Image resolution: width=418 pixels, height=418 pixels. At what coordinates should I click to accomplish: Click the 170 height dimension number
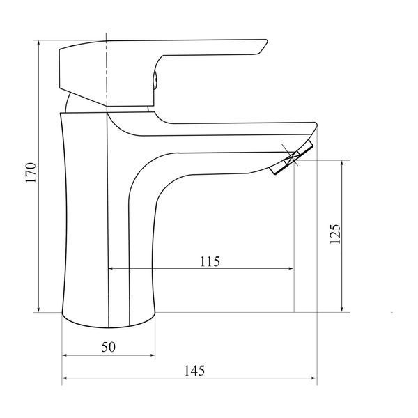tap(31, 173)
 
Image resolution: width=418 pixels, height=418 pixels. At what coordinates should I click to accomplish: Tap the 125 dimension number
tap(335, 234)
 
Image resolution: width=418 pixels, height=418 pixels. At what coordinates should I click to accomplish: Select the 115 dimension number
tap(210, 261)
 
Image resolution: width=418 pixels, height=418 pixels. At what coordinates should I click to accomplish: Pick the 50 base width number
tap(109, 347)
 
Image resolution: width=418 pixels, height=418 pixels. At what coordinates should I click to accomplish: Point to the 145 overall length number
tap(194, 371)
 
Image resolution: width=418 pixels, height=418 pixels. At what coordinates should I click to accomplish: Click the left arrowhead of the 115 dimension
tap(111, 268)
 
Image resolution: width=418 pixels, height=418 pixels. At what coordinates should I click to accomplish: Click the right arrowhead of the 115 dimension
tap(291, 268)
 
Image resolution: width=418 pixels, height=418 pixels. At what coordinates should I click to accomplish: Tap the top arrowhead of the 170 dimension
tap(39, 43)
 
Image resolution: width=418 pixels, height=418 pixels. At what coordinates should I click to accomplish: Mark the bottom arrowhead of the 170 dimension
tap(39, 309)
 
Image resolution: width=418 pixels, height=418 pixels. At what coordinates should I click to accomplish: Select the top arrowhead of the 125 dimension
tap(342, 164)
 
